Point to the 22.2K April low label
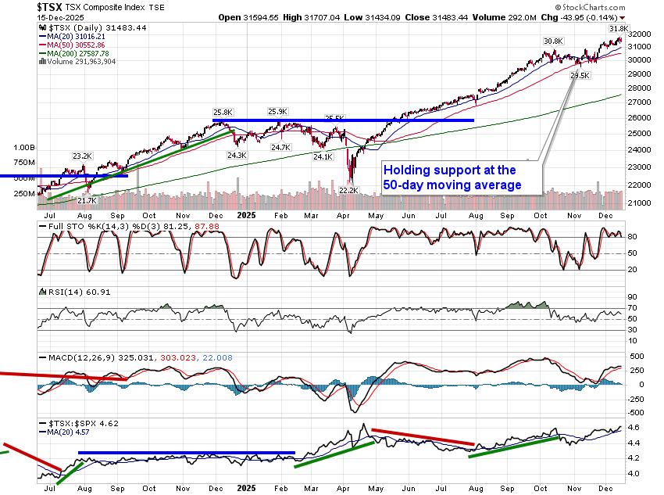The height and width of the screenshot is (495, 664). [348, 190]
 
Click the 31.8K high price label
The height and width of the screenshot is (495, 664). [618, 29]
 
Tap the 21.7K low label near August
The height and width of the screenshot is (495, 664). [86, 200]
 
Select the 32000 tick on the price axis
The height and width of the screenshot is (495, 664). [640, 34]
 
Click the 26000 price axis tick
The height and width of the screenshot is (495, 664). [640, 117]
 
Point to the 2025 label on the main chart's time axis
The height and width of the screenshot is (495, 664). [247, 214]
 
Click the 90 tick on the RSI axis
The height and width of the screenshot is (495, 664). [634, 297]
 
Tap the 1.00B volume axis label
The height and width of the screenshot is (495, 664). [25, 147]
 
